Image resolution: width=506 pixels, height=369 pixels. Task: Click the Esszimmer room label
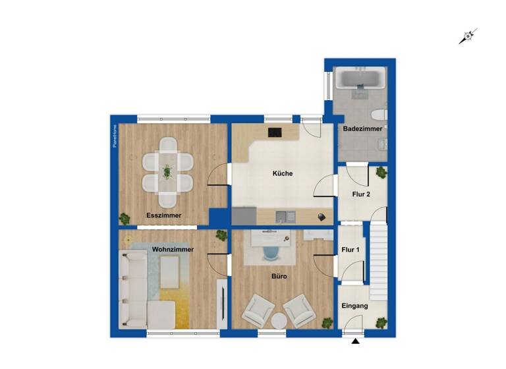tap(163, 215)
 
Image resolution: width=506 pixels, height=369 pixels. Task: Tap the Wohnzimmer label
tap(173, 250)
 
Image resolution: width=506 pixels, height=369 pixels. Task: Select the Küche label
tap(283, 174)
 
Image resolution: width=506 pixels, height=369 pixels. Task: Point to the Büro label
tap(279, 277)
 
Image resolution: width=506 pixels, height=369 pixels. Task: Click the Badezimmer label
tap(360, 128)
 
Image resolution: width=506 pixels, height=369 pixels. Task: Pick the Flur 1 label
tap(351, 249)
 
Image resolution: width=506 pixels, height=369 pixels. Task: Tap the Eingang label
tap(354, 306)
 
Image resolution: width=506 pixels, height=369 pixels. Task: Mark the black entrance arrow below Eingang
tap(356, 341)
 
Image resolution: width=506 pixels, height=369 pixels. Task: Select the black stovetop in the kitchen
tap(275, 132)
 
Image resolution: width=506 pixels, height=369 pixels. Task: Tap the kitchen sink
tap(286, 215)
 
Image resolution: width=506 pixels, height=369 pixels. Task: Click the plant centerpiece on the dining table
tap(167, 172)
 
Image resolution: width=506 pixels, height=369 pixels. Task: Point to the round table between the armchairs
tap(279, 321)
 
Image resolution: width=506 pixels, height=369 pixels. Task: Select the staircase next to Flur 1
tap(378, 260)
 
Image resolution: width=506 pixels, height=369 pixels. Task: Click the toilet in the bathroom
tap(376, 111)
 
